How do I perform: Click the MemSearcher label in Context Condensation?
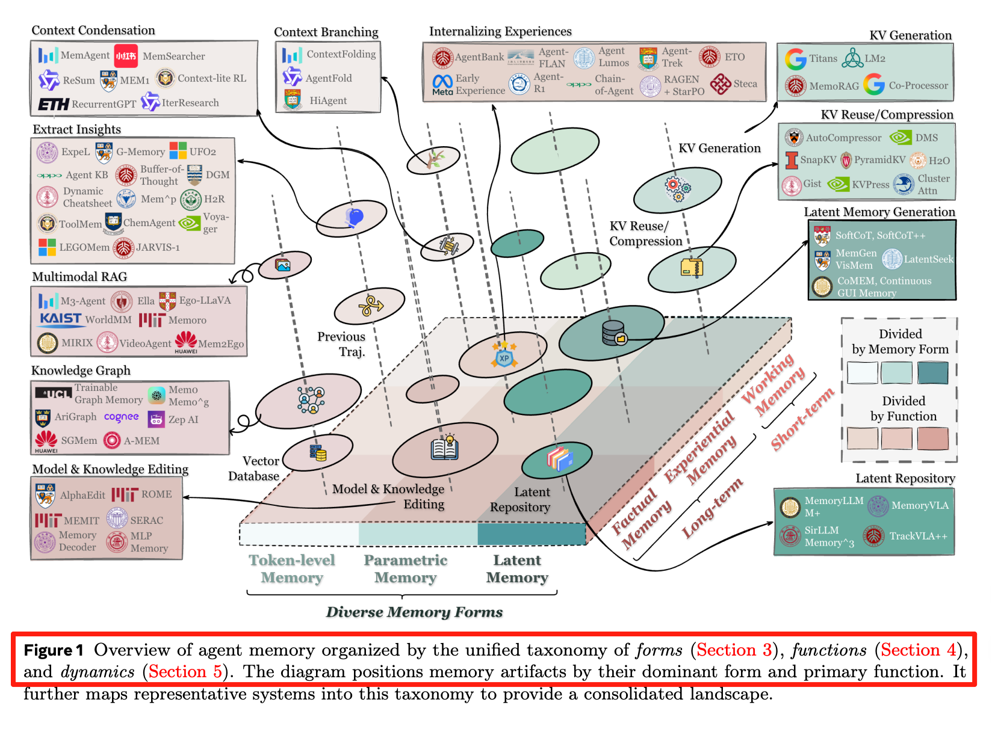pyautogui.click(x=173, y=57)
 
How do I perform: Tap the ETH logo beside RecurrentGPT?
pyautogui.click(x=54, y=105)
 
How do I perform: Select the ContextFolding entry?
pyautogui.click(x=341, y=54)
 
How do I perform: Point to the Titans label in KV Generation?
pyautogui.click(x=823, y=58)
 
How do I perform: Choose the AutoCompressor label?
pyautogui.click(x=843, y=138)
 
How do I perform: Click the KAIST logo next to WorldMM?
pyautogui.click(x=60, y=319)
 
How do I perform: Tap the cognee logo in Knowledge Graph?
pyautogui.click(x=121, y=417)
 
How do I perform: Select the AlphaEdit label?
pyautogui.click(x=82, y=496)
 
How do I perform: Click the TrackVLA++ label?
pyautogui.click(x=918, y=536)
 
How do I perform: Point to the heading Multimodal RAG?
pyautogui.click(x=79, y=277)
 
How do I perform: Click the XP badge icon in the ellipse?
pyautogui.click(x=504, y=358)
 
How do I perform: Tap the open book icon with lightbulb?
pyautogui.click(x=445, y=448)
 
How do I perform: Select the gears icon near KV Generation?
pyautogui.click(x=678, y=188)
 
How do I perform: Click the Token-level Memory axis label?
pyautogui.click(x=292, y=569)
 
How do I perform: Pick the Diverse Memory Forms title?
pyautogui.click(x=414, y=612)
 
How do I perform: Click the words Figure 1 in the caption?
pyautogui.click(x=54, y=650)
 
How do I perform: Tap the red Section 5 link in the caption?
pyautogui.click(x=185, y=672)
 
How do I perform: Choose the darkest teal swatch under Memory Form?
pyautogui.click(x=932, y=373)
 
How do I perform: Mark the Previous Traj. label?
pyautogui.click(x=341, y=344)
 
